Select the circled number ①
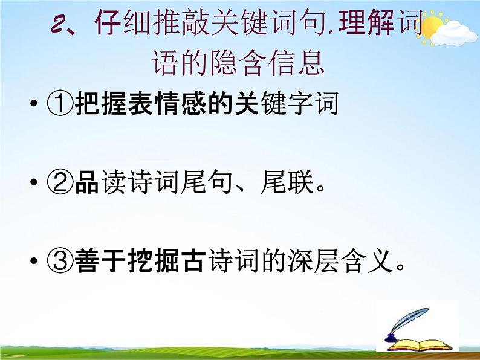(x=60, y=105)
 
